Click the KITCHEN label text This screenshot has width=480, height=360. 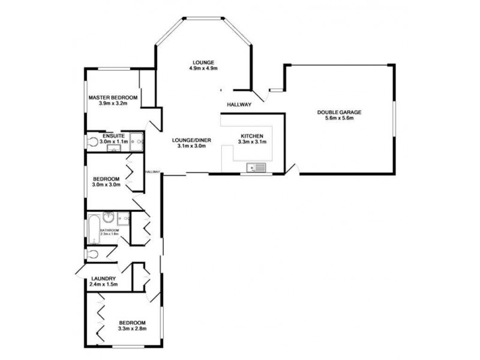[x=252, y=136]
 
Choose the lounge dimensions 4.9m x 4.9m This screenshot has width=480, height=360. [x=202, y=68]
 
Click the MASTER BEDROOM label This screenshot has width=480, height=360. [x=113, y=97]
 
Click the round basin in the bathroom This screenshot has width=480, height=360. [x=109, y=217]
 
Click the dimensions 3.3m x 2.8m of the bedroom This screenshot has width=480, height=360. [x=131, y=328]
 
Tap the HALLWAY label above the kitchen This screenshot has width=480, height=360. [x=238, y=105]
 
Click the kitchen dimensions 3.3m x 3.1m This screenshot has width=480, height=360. [x=252, y=142]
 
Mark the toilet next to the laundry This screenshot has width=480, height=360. [x=91, y=254]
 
